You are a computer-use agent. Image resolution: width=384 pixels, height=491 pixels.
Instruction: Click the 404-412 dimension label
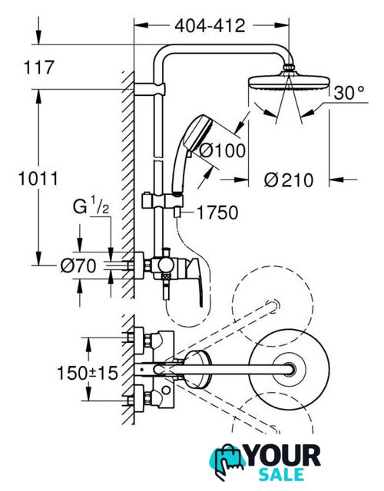[210, 25]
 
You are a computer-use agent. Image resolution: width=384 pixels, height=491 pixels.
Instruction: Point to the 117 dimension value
[39, 68]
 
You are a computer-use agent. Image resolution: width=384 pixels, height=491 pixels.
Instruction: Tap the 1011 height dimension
[38, 179]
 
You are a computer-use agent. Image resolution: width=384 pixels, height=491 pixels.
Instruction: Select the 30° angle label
[349, 93]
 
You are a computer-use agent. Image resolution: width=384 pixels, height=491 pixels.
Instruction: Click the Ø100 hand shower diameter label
[223, 150]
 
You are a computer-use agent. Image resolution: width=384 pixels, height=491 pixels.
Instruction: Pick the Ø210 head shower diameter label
[289, 180]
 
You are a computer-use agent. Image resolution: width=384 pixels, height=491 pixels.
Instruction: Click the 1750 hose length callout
[217, 213]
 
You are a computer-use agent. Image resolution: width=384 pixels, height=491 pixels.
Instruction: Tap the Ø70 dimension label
[78, 266]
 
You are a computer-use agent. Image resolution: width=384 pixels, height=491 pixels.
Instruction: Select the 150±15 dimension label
[88, 373]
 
